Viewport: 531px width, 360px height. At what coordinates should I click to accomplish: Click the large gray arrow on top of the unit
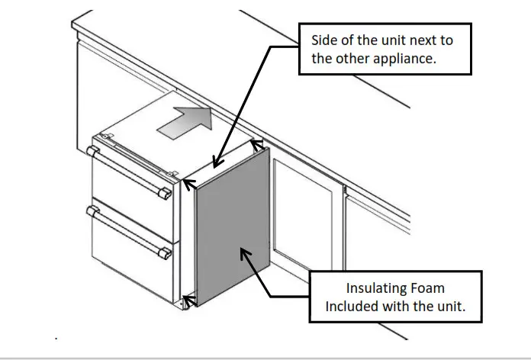184,121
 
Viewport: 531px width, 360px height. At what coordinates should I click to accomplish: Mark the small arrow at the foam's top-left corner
188,183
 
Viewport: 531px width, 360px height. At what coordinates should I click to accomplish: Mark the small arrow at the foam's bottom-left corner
189,300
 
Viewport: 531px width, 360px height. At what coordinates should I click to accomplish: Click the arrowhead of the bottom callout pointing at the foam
246,253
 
